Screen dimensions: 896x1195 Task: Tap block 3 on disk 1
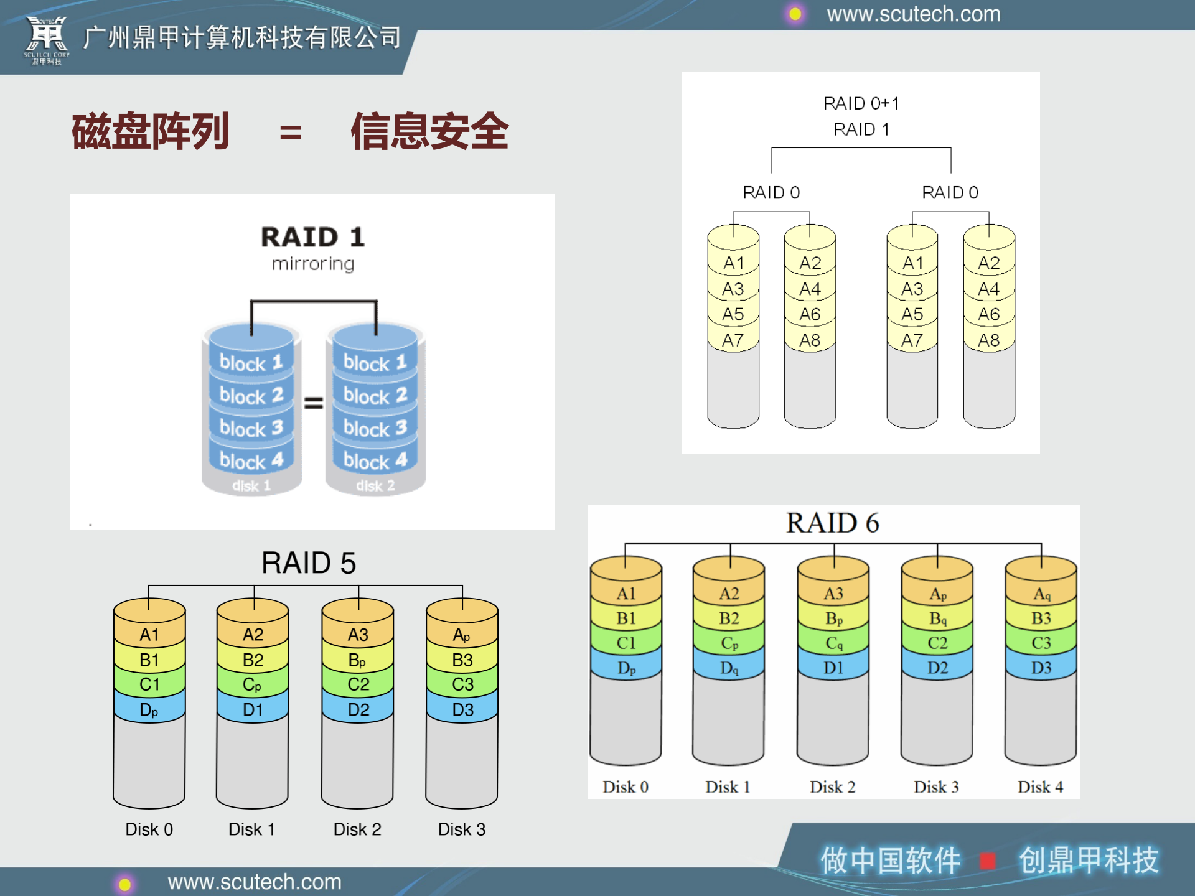pos(251,428)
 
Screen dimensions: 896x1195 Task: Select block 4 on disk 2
pos(375,460)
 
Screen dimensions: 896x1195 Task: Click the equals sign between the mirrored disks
pos(314,403)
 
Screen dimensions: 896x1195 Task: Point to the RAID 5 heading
pos(309,562)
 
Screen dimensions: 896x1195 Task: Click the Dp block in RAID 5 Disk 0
pos(149,710)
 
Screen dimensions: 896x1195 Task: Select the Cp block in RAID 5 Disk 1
pos(252,684)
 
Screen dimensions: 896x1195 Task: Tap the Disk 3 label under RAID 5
pos(461,829)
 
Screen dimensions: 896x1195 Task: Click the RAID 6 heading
pos(832,523)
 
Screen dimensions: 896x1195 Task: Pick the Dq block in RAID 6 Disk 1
pos(729,668)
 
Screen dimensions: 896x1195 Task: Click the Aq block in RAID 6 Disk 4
pos(1041,594)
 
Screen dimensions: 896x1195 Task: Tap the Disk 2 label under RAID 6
pos(832,787)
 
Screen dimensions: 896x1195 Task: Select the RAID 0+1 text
pos(861,103)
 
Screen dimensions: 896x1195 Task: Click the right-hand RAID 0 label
pos(950,192)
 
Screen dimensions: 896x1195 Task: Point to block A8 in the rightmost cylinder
pos(988,340)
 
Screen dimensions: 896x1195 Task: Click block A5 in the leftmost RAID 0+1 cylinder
pos(733,314)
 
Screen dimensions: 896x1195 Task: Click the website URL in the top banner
pos(913,14)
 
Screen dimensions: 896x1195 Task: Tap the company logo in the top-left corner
pos(47,40)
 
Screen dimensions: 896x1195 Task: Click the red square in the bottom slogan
pos(987,861)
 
